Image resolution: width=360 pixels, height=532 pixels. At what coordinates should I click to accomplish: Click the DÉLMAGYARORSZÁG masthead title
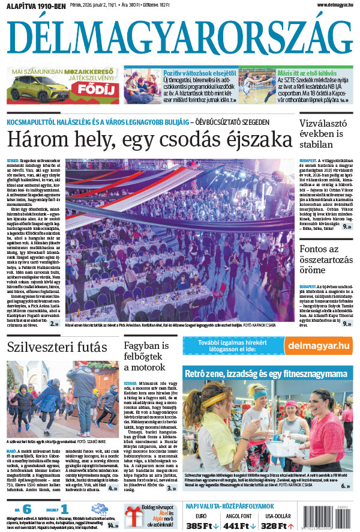coord(180,37)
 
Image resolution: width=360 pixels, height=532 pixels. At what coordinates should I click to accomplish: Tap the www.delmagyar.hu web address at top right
coord(328,5)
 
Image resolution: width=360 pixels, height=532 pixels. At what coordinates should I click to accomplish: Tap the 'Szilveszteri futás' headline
coord(58,347)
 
